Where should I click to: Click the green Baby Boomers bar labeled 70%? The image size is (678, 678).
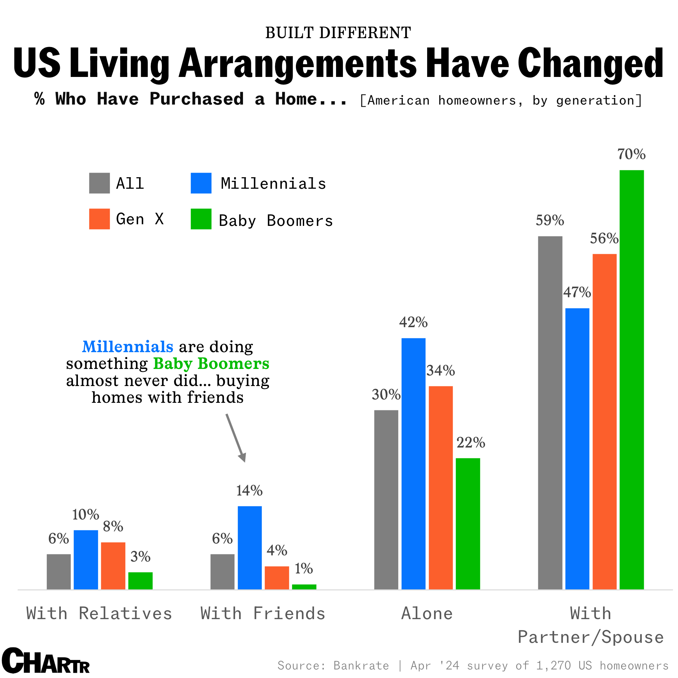click(x=631, y=379)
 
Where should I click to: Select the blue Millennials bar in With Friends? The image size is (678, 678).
click(x=250, y=547)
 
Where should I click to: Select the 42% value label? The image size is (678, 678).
click(x=413, y=322)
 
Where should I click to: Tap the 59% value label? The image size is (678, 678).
click(x=549, y=220)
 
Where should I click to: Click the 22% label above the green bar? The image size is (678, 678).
click(x=471, y=443)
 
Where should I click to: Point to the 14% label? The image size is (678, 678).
click(x=249, y=491)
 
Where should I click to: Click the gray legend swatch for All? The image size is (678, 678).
click(x=99, y=183)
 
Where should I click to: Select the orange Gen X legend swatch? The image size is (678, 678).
click(x=99, y=219)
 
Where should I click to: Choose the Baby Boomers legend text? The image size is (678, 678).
click(x=276, y=221)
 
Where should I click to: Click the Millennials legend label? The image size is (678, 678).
click(x=273, y=183)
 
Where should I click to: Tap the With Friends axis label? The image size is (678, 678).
click(x=263, y=614)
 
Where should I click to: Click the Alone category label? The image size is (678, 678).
click(x=427, y=614)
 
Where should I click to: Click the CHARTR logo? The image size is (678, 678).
click(x=46, y=661)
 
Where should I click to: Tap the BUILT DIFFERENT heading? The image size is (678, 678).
click(x=338, y=33)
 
